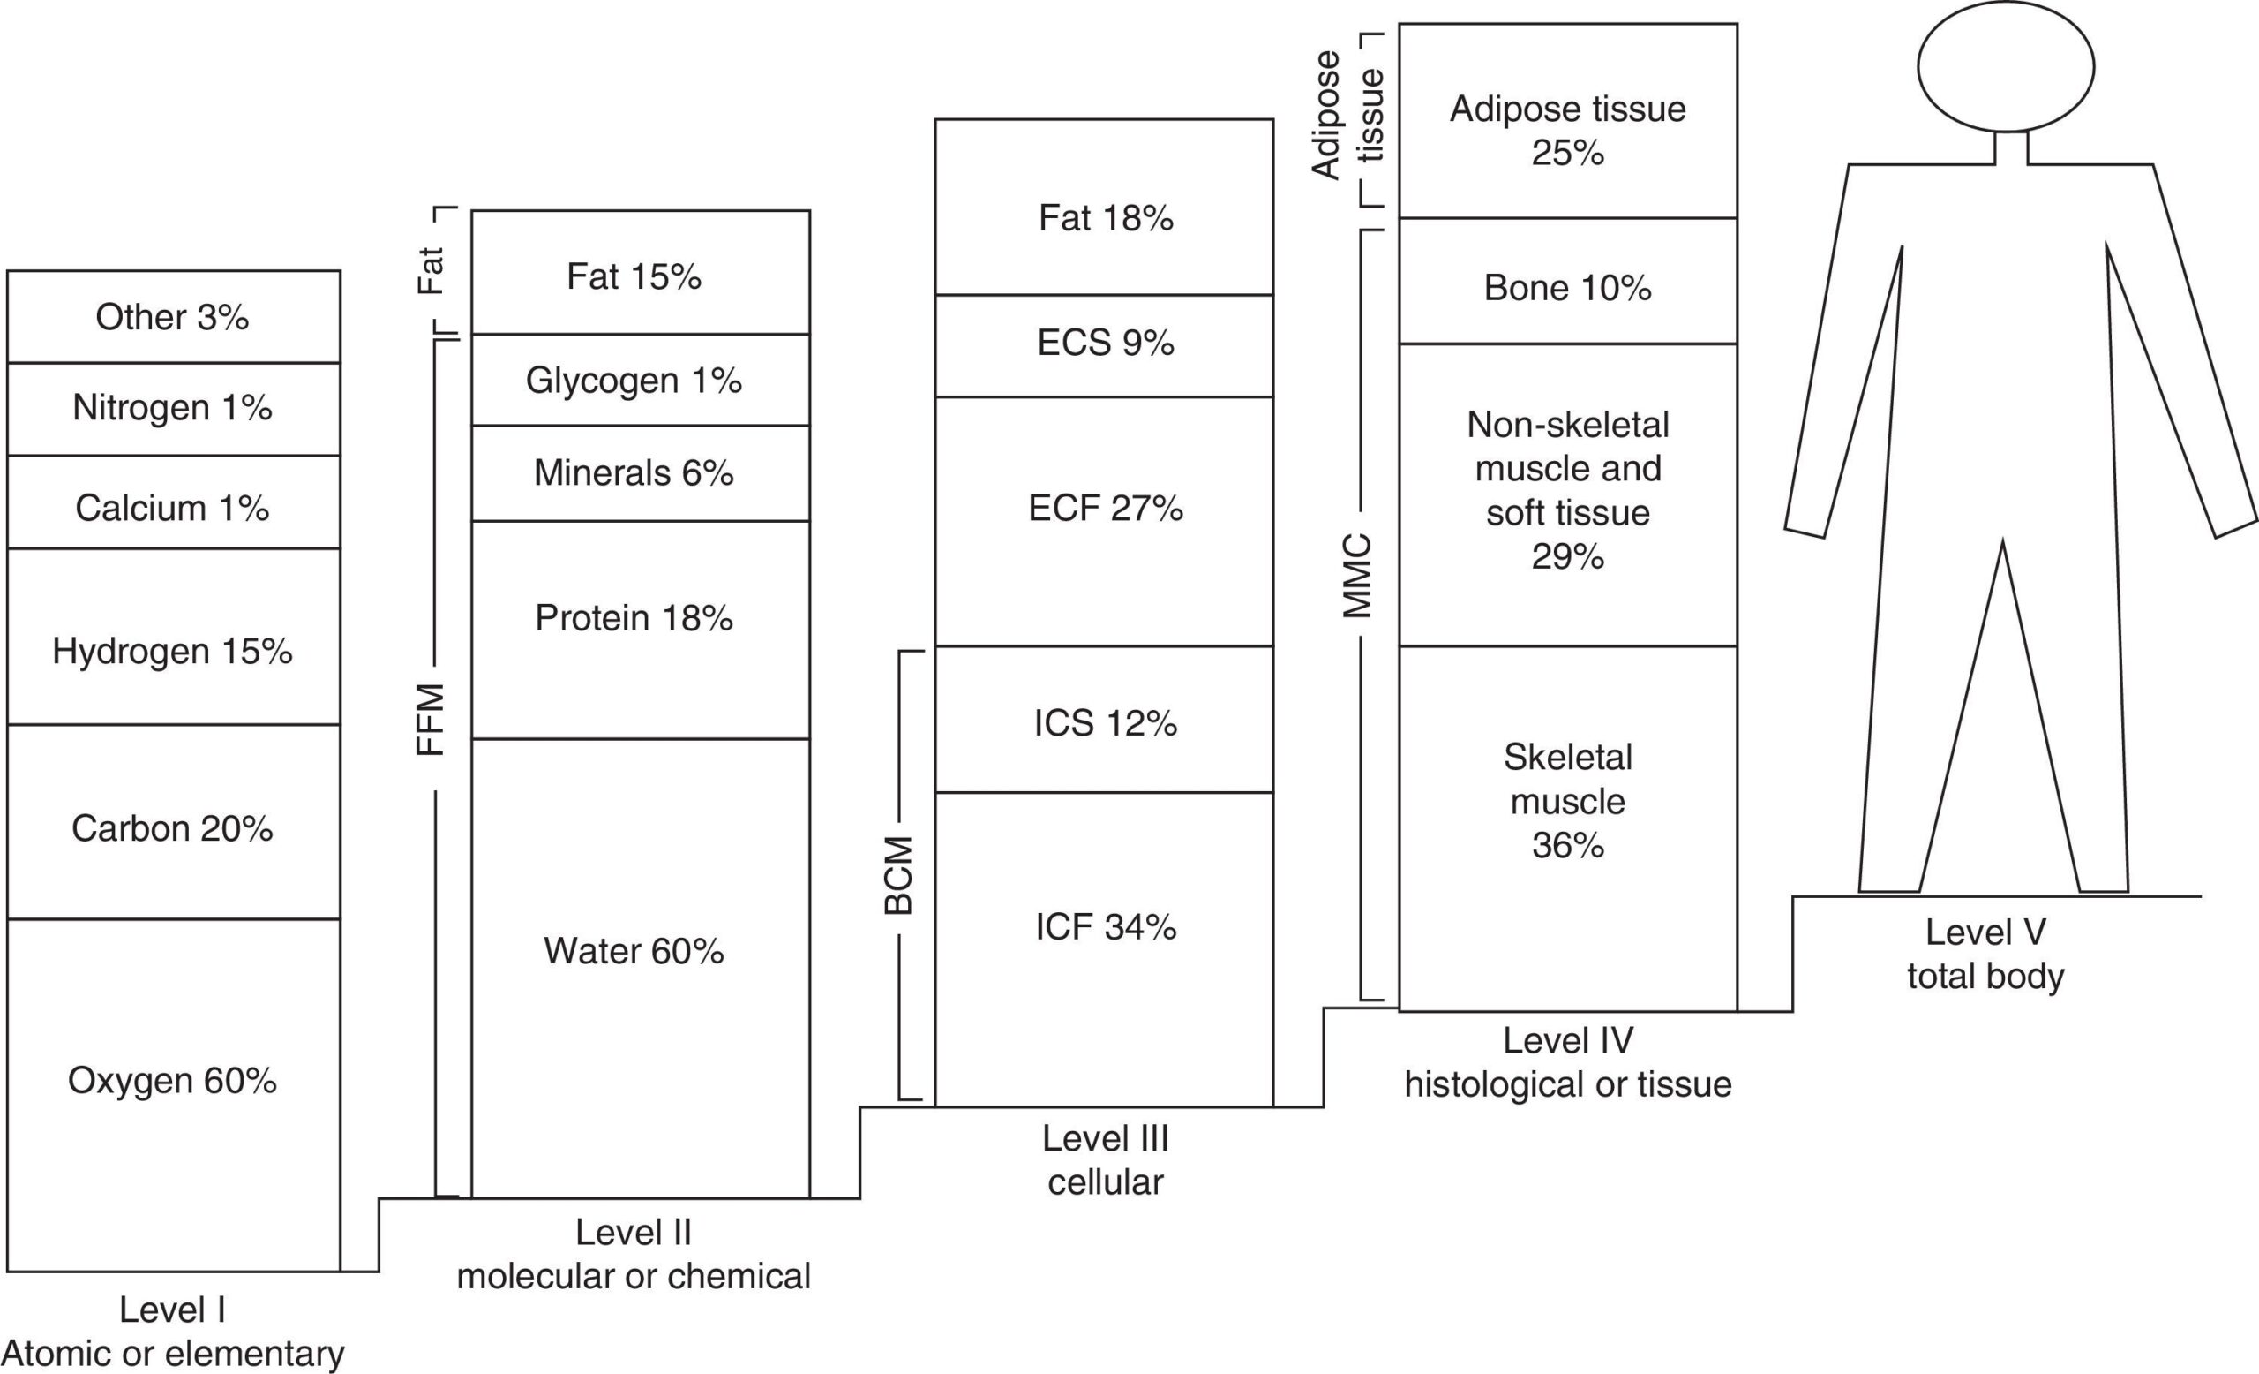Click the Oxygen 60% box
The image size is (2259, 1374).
[173, 1095]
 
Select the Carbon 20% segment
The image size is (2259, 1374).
[173, 822]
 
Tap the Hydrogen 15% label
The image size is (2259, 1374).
[172, 651]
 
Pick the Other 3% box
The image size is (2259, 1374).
[173, 316]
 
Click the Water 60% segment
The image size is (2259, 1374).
[641, 969]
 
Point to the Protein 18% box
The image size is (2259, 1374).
[641, 630]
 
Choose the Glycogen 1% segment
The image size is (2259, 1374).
[641, 380]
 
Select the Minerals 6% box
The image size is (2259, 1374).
[641, 473]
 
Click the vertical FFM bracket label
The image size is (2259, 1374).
[431, 719]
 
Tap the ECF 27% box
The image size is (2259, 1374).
[1104, 521]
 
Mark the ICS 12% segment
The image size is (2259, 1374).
[1104, 719]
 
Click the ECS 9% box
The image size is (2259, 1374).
[1104, 345]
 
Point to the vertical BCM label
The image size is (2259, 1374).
[898, 875]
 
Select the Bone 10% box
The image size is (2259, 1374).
[1568, 281]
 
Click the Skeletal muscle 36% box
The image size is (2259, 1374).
[1568, 828]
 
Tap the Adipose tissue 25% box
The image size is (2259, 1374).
[1568, 120]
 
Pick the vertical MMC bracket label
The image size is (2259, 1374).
[1357, 575]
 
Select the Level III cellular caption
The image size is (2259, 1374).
[1106, 1160]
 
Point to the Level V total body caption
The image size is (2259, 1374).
[1985, 954]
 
